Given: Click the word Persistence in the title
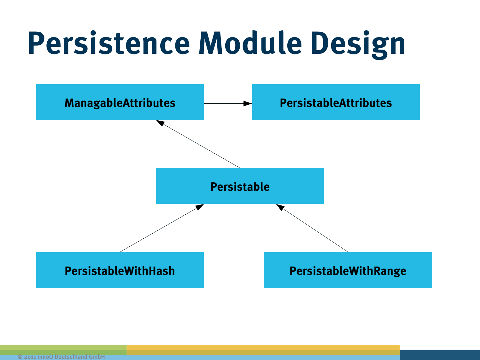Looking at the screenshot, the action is (x=109, y=43).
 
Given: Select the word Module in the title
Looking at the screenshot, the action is (x=250, y=43).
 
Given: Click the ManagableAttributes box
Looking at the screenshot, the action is (x=120, y=102).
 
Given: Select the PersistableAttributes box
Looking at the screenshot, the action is (x=336, y=102).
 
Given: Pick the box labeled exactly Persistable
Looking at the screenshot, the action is (x=240, y=186).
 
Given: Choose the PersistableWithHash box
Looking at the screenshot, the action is (x=120, y=270).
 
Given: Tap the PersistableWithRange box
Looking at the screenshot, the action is (x=348, y=270).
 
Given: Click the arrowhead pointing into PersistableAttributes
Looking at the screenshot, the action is (x=248, y=103).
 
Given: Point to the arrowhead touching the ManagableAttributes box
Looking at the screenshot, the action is (x=160, y=123).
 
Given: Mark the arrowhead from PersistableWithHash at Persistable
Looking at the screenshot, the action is (x=200, y=207).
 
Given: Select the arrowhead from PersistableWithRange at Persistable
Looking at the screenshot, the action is (x=280, y=207).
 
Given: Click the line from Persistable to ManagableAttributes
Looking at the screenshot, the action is (x=202, y=146).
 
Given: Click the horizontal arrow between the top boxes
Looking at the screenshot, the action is (x=224, y=103).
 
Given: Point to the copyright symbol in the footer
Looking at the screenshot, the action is (x=20, y=357).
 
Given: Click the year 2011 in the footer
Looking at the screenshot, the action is (x=30, y=357).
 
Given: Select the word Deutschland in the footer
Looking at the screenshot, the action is (x=71, y=357).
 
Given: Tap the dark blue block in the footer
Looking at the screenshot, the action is (x=440, y=355).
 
